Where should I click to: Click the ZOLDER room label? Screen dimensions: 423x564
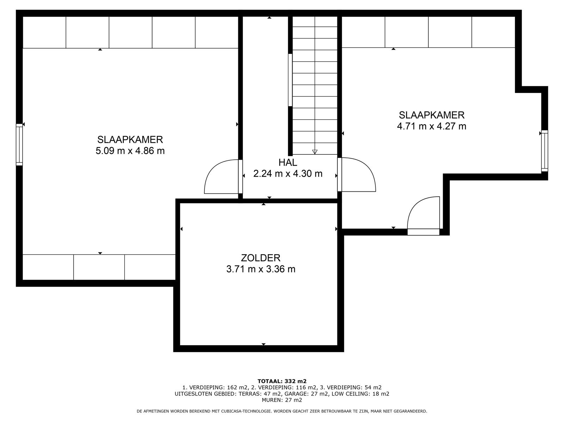260,258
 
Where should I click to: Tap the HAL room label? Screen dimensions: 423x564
288,163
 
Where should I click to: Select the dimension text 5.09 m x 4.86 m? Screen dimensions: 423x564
130,151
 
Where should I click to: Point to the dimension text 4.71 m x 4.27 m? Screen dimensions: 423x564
431,126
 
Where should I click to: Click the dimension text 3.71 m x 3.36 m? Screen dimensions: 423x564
260,269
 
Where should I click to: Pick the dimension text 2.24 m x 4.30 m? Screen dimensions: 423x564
288,174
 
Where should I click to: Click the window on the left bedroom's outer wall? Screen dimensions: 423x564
19,145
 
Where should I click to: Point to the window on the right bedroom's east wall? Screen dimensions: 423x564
545,151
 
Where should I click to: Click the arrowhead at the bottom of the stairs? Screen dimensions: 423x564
315,152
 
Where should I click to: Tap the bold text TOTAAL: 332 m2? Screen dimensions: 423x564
282,381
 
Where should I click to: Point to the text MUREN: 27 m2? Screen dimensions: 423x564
282,400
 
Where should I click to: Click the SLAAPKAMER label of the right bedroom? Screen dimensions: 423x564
431,115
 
